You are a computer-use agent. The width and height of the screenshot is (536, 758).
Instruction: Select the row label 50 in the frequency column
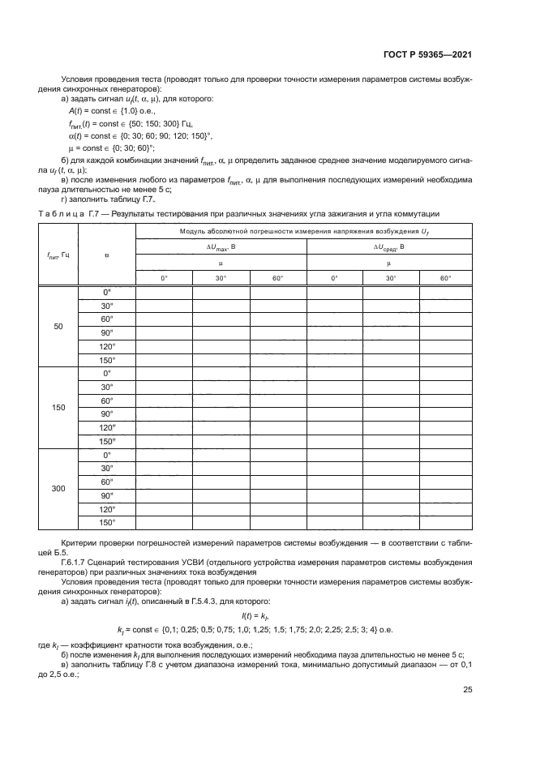(58, 326)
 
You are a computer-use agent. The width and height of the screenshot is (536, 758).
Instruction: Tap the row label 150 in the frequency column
(58, 408)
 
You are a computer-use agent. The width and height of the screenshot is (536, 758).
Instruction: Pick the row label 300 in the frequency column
(58, 489)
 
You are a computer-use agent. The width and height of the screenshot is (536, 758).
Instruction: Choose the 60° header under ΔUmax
(277, 278)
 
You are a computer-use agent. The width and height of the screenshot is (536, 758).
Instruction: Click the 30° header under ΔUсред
(389, 278)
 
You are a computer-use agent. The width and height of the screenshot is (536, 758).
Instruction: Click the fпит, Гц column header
(58, 255)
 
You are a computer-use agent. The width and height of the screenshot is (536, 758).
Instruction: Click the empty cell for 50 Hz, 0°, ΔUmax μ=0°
(164, 292)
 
